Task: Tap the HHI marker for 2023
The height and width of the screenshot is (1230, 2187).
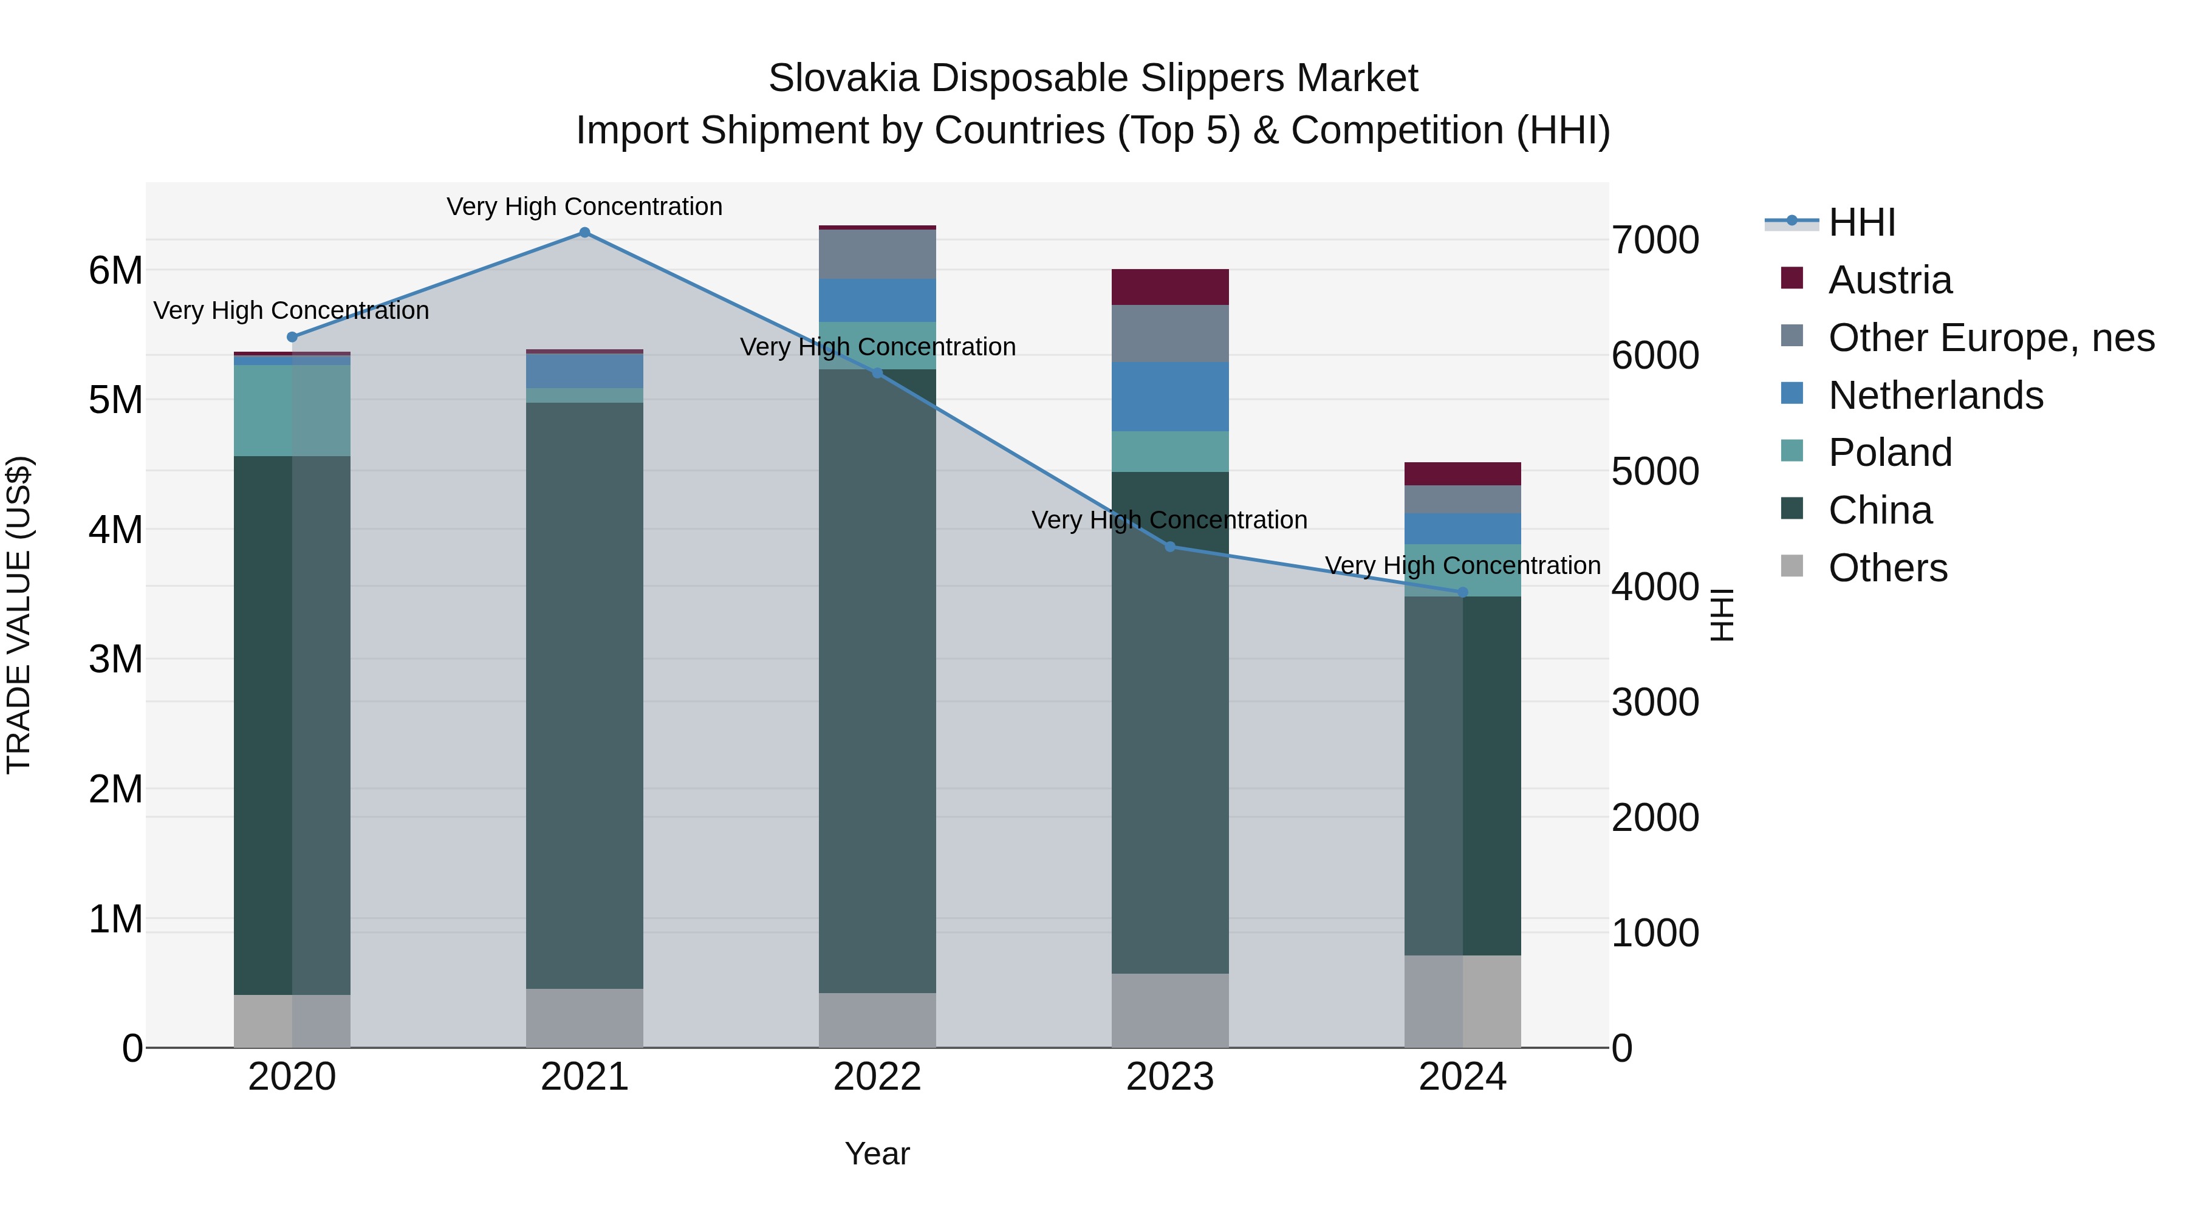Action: pos(1170,547)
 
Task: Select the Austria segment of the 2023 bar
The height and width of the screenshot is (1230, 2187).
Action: pos(1170,287)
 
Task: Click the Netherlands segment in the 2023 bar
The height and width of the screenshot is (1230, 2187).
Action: pos(1170,397)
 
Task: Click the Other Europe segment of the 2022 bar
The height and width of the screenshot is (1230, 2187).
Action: pos(877,254)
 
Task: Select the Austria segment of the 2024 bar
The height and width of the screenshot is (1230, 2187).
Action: pos(1462,474)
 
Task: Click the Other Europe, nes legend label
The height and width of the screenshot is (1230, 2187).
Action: pos(1991,338)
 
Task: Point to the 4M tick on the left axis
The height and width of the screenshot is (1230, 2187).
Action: pos(115,530)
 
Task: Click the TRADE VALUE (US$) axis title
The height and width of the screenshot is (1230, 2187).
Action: pos(19,615)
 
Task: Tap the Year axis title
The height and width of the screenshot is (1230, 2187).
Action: pos(877,1153)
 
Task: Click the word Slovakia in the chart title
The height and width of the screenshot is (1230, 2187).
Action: pos(843,78)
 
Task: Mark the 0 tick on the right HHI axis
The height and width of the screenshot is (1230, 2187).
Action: pos(1621,1049)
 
